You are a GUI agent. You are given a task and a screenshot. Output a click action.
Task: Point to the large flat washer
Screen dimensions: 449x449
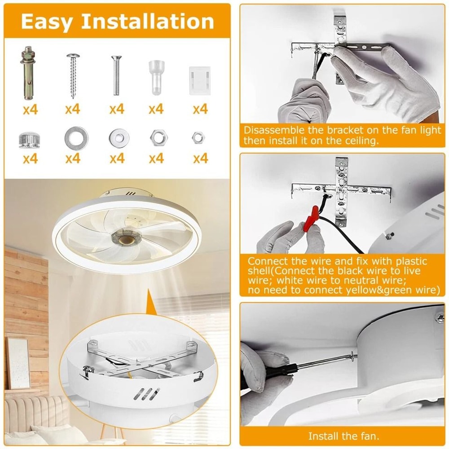coord(76,138)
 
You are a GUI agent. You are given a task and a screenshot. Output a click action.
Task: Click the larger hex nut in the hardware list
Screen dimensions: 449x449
coord(156,138)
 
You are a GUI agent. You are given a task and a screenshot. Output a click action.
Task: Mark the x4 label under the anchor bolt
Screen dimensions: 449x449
coord(30,109)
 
